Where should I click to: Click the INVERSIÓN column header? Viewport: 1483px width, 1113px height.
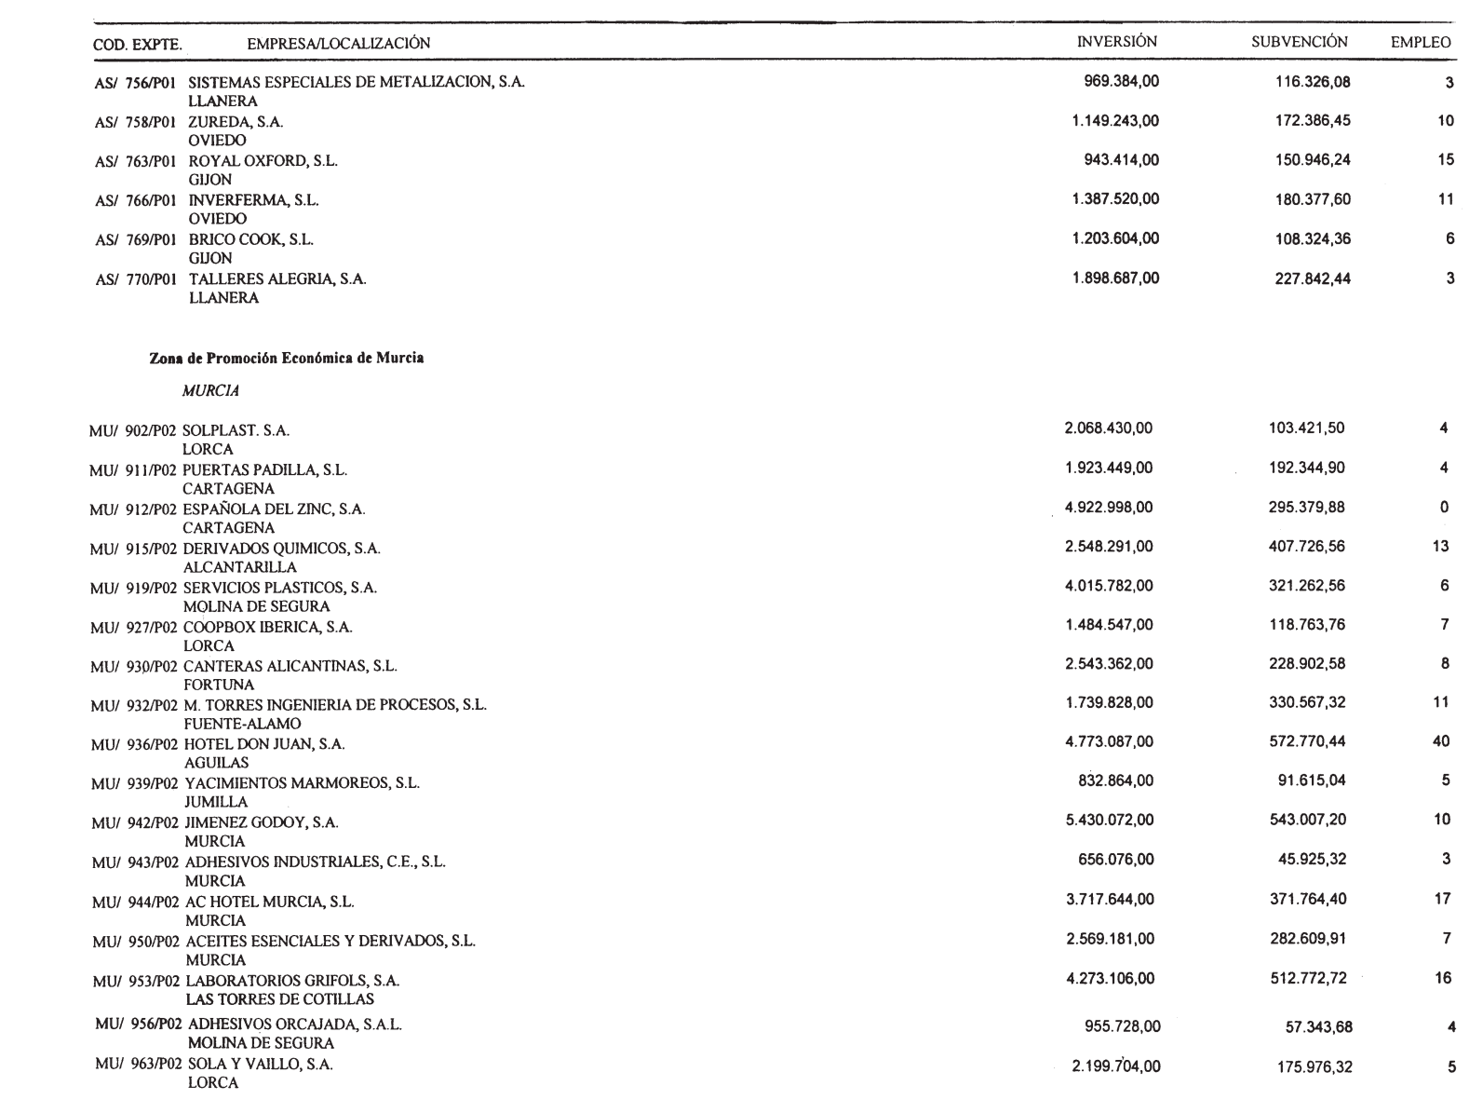pos(1116,42)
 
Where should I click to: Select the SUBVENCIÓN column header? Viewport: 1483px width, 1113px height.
pos(1299,42)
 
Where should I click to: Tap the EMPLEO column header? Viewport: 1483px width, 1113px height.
pos(1420,43)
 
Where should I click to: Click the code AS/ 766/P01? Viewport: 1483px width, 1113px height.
pos(136,200)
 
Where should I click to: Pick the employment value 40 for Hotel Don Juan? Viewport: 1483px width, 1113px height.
pos(1441,741)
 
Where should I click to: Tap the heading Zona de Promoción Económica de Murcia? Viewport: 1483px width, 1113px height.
pos(287,359)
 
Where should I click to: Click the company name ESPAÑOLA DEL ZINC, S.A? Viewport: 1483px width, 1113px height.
pos(274,509)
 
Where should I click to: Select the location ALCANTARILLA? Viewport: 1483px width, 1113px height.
pos(240,567)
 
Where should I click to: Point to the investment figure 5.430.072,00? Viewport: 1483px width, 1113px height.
pos(1109,820)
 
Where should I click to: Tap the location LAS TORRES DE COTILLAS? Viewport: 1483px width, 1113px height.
pos(280,999)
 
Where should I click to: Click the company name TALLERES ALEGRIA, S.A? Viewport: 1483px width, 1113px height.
pos(277,279)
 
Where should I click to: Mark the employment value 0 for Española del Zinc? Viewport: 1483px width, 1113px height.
pos(1444,508)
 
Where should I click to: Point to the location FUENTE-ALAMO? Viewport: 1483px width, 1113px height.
pos(243,724)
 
